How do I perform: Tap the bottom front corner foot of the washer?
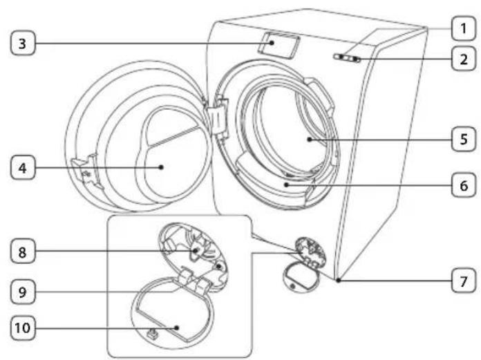(x=338, y=280)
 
